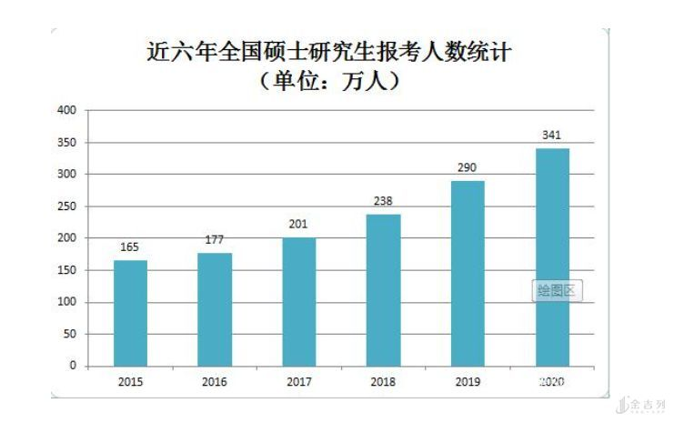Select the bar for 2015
(130, 313)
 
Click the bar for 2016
(215, 309)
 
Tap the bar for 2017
(299, 301)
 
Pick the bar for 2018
(383, 289)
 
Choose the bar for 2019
(468, 273)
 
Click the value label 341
(551, 136)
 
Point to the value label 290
(468, 167)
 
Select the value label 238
(383, 201)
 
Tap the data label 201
(299, 225)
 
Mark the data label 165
(130, 247)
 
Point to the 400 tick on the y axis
(66, 111)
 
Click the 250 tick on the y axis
(66, 206)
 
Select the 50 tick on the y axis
(69, 334)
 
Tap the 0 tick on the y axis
(72, 366)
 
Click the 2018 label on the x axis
(383, 382)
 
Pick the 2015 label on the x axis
(130, 382)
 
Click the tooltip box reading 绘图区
(556, 291)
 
